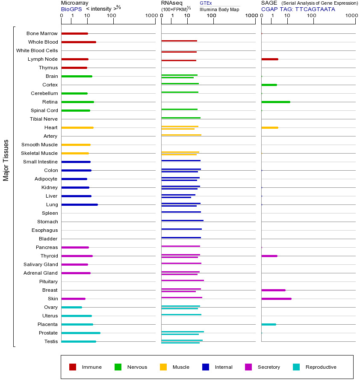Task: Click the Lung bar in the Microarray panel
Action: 80,204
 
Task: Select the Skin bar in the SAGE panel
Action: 276,299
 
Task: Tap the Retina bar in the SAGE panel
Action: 275,102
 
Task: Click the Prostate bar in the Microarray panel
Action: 81,333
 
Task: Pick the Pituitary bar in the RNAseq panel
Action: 183,280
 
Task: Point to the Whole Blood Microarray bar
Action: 79,42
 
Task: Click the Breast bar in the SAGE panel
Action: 273,290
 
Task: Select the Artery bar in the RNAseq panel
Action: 181,135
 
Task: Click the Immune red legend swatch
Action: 73,367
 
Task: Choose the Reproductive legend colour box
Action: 296,367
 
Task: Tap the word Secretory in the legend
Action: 269,367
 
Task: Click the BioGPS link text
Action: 71,9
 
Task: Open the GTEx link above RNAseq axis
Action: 206,3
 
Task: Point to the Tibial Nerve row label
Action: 44,119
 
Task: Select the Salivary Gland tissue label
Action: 41,264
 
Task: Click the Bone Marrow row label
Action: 42,33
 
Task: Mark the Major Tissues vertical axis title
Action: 6,160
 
